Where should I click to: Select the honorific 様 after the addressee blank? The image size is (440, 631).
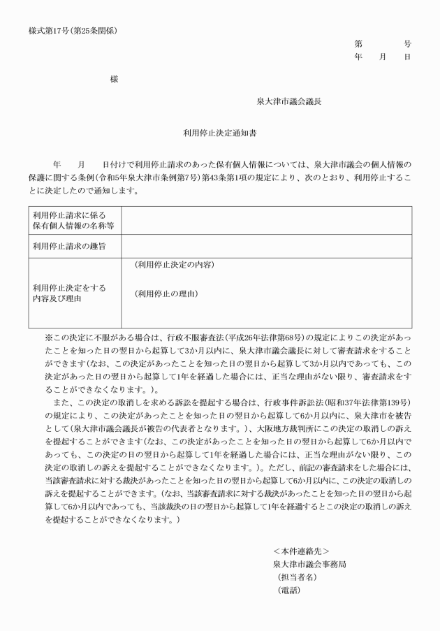click(x=114, y=80)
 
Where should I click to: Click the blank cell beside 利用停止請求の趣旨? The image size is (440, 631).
click(x=266, y=246)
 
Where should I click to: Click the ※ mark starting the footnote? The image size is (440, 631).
click(x=49, y=337)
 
